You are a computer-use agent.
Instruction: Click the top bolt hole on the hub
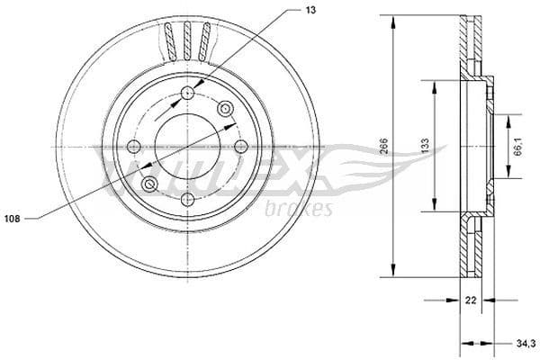pos(187,94)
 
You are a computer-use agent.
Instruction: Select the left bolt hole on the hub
pos(135,147)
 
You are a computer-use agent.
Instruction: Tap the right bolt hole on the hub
pos(239,148)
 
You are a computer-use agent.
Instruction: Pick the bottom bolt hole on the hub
pos(187,199)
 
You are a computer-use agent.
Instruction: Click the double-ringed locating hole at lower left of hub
pos(150,184)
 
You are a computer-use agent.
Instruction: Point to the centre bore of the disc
pos(187,147)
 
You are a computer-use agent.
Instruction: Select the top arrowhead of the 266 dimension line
pos(393,20)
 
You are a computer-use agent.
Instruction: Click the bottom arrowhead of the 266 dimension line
pos(393,274)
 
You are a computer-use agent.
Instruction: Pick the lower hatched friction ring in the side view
pos(472,247)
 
